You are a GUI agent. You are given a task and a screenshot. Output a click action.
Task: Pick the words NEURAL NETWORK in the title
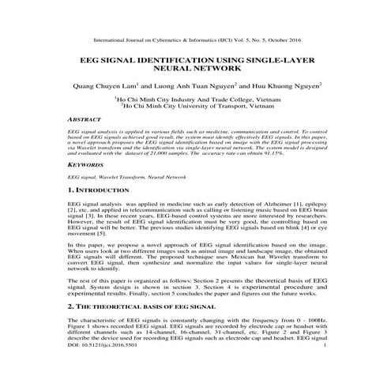[195, 70]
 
